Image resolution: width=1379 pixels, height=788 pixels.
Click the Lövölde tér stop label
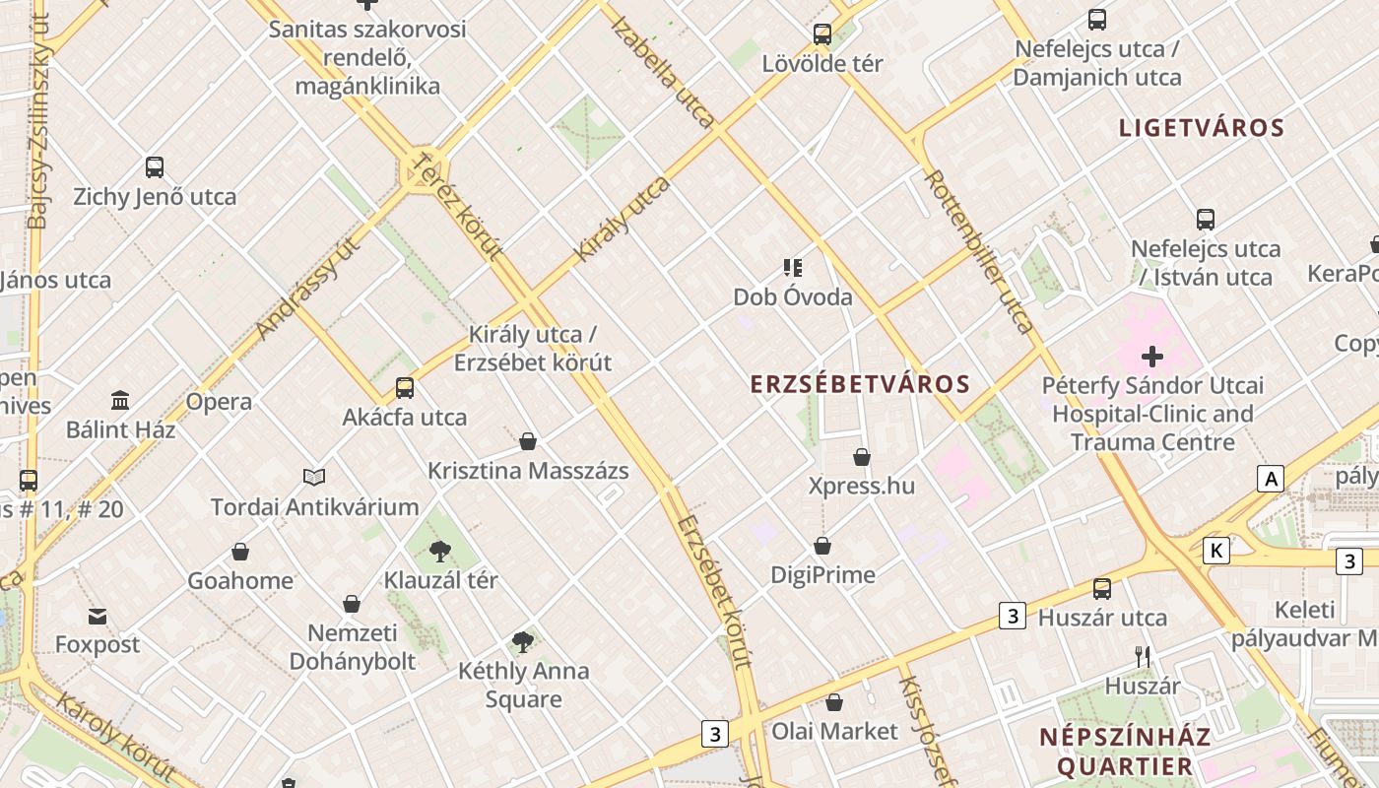(822, 64)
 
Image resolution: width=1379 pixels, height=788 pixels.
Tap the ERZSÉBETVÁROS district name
(860, 384)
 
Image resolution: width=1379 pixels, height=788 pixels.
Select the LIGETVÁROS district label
(1202, 128)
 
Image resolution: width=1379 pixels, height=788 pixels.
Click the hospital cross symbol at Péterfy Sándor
(1151, 356)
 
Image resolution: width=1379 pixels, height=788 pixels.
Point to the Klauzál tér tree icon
(440, 552)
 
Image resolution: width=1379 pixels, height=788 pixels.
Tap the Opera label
(219, 402)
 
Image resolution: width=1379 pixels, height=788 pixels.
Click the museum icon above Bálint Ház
(120, 401)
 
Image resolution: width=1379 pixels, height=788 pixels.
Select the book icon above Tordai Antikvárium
(314, 478)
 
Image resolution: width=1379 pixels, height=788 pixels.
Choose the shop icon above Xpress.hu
(862, 457)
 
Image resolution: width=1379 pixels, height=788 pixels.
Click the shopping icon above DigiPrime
(822, 546)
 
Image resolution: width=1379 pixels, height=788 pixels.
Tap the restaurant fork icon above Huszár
(1143, 656)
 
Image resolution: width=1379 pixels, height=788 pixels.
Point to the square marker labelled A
(1271, 479)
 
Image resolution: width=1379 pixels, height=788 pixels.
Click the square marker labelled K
(1216, 551)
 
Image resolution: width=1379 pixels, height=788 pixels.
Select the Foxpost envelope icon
(98, 617)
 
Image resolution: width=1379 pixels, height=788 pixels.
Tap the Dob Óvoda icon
(793, 267)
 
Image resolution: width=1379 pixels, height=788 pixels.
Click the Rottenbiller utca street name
(979, 251)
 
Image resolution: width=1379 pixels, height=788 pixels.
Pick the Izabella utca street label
(662, 72)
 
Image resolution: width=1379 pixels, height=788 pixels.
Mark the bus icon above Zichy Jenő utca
(155, 167)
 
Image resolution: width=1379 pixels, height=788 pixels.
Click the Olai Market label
(834, 731)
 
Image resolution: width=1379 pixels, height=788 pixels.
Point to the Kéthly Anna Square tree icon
(523, 642)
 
